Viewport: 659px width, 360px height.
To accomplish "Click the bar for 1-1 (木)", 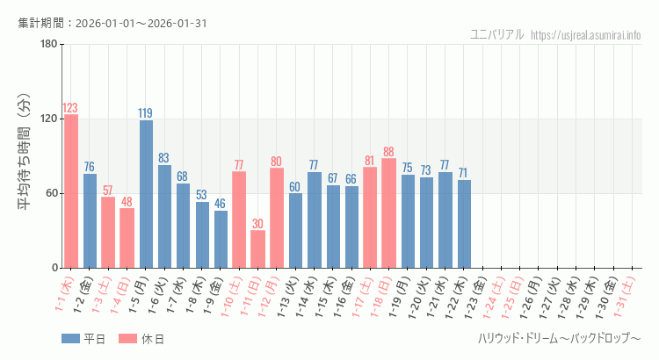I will pos(71,191).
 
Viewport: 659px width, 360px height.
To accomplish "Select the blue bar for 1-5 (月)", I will pos(146,194).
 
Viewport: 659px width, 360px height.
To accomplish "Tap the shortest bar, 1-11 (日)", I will pos(257,249).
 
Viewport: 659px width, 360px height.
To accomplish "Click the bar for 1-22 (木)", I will pos(464,224).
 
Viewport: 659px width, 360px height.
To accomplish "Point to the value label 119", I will pos(146,113).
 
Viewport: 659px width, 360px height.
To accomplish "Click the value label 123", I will pos(71,108).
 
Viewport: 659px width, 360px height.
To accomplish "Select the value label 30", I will pos(257,224).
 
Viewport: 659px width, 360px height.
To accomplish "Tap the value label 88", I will pos(388,152).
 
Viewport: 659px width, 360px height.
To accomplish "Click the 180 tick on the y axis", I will pos(48,45).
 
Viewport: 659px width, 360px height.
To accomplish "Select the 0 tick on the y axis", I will pos(54,268).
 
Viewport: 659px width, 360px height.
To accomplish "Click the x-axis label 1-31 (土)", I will pos(627,296).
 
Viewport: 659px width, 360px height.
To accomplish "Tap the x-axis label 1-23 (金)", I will pos(478,296).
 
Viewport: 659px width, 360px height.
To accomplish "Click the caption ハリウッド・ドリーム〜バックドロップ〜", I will pos(559,339).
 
